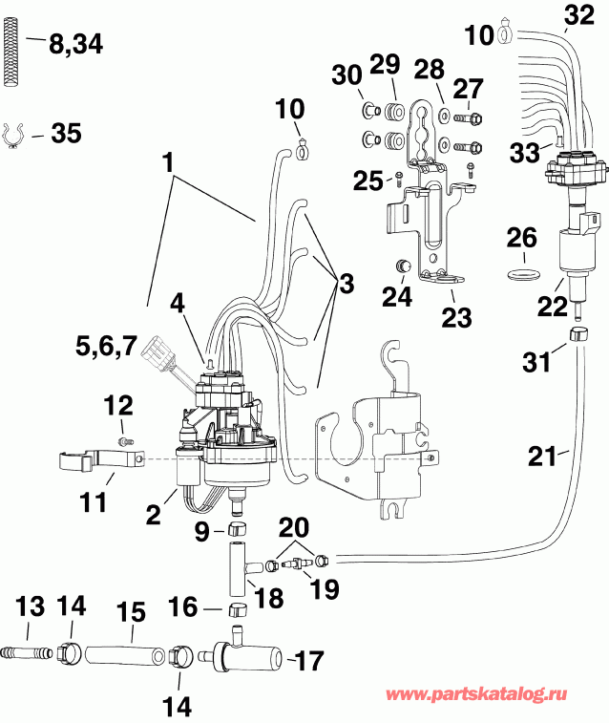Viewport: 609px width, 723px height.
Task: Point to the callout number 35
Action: pos(66,133)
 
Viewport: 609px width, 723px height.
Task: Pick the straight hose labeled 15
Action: pos(125,657)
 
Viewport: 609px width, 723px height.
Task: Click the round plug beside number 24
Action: pos(404,264)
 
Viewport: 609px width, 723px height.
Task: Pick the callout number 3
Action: pos(345,283)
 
